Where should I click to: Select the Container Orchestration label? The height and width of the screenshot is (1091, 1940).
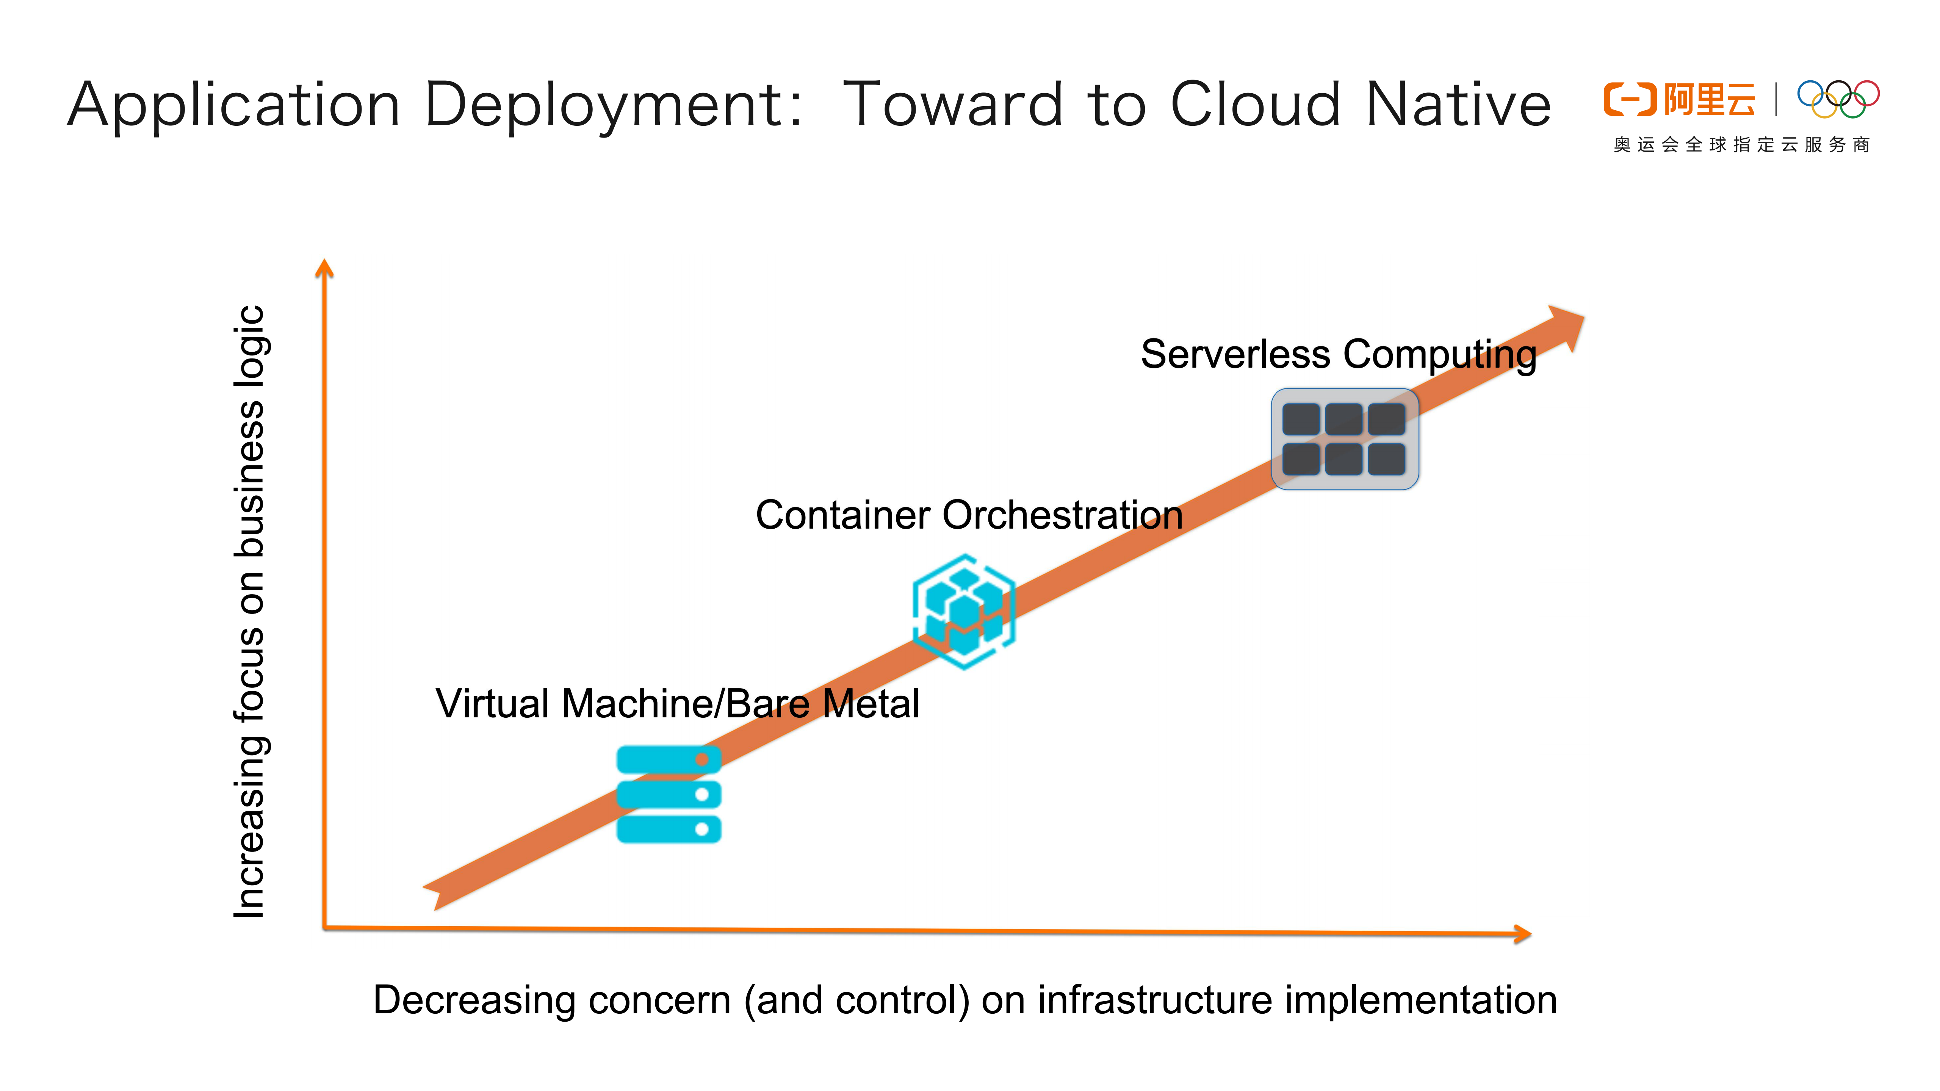[969, 516]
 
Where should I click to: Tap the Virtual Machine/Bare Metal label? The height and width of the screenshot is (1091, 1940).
[677, 704]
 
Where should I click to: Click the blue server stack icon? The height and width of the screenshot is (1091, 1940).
[668, 794]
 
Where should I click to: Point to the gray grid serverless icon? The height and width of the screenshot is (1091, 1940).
[1344, 439]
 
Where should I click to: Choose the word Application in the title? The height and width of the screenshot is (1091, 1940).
[233, 105]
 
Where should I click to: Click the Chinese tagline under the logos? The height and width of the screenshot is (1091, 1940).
[1741, 144]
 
